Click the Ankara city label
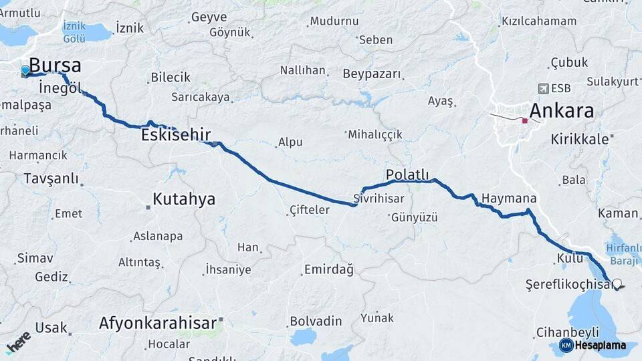[x=561, y=110]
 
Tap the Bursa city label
[x=56, y=66]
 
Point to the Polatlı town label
[x=407, y=175]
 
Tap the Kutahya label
[x=184, y=199]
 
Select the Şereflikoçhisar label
[x=569, y=285]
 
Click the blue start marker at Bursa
[x=25, y=70]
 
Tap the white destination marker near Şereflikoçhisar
[x=617, y=283]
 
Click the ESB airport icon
[x=543, y=88]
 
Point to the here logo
[x=18, y=342]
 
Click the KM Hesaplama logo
[x=593, y=345]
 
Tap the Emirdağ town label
[x=328, y=269]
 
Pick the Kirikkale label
[x=580, y=139]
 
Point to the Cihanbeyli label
[x=567, y=332]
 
